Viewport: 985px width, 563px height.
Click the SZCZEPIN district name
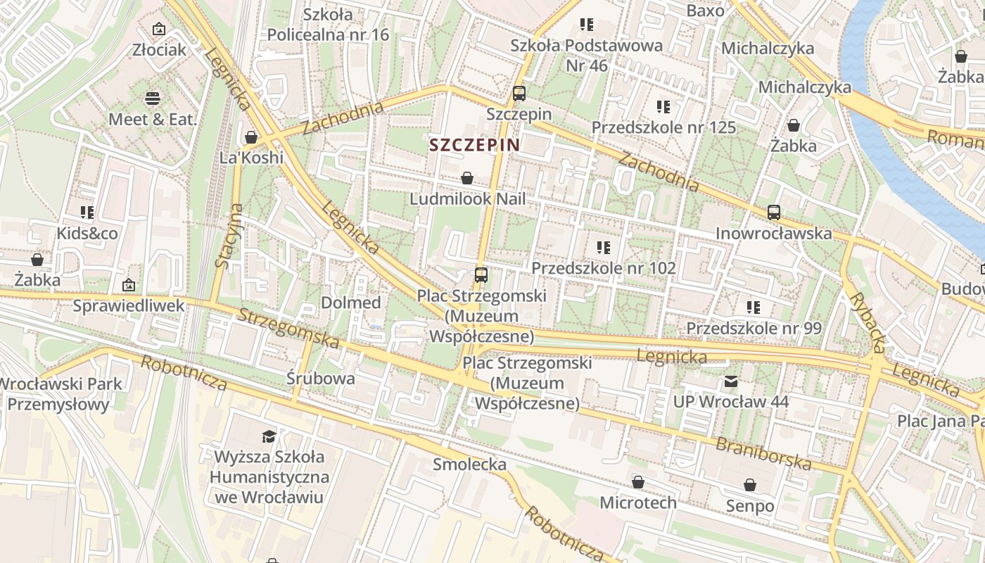point(474,145)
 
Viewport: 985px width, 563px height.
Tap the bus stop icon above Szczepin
point(519,93)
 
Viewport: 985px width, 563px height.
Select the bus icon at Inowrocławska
point(774,213)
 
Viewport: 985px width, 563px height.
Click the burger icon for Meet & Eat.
point(153,99)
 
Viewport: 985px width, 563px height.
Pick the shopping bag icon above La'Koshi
point(251,137)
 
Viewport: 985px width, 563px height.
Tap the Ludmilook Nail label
point(467,199)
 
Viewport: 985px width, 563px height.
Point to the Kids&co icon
point(87,213)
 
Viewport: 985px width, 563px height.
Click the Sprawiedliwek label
point(129,305)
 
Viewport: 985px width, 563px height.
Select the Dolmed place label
point(350,303)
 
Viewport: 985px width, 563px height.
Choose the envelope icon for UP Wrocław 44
point(731,381)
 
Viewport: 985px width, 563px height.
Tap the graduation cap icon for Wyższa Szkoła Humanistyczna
point(269,436)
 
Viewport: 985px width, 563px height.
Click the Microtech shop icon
point(637,483)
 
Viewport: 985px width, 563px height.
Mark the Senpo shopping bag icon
point(750,486)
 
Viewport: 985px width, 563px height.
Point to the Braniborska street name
point(763,454)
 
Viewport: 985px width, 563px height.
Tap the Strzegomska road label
point(288,328)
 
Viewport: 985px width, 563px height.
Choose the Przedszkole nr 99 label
point(754,329)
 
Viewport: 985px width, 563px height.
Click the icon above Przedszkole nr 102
point(603,248)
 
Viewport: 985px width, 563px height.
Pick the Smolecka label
point(469,464)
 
